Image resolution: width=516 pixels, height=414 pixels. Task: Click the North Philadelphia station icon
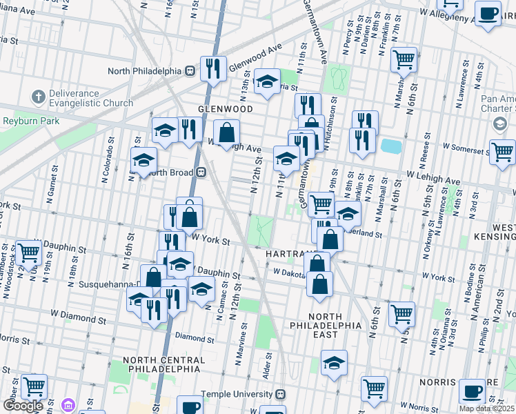pos(187,71)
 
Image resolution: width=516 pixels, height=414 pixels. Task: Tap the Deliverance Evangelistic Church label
pos(86,97)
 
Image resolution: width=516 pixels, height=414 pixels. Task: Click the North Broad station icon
pos(201,172)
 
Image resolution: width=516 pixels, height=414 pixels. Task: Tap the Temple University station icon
pos(280,394)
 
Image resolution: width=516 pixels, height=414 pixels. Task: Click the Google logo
pos(23,406)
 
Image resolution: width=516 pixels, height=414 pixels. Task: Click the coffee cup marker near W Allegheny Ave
pos(488,14)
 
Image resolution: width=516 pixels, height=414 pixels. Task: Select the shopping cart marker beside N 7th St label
pos(404,59)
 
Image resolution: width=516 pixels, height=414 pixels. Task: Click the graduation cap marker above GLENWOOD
pos(266,82)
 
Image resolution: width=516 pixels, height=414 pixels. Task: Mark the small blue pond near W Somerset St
pos(390,146)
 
